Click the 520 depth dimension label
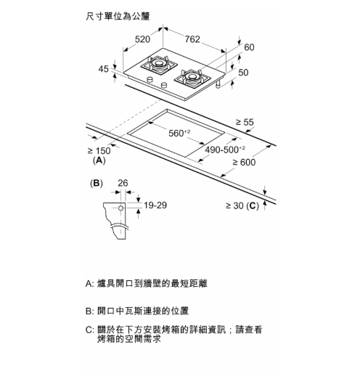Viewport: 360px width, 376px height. click(x=142, y=39)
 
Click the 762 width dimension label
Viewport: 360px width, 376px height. click(x=192, y=39)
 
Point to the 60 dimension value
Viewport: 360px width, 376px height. click(x=249, y=47)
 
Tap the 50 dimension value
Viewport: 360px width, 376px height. click(x=243, y=73)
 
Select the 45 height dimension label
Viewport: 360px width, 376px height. click(x=103, y=69)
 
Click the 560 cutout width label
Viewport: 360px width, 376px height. click(x=179, y=133)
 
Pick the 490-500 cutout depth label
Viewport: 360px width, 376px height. click(x=225, y=150)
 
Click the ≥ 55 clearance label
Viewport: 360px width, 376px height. click(x=245, y=122)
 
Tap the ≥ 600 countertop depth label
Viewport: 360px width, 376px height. click(x=244, y=163)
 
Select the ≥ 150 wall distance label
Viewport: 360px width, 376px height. click(x=99, y=151)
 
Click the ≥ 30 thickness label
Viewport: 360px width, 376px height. click(x=234, y=205)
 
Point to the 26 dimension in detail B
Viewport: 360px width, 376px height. click(x=123, y=183)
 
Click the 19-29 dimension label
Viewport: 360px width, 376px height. click(x=155, y=205)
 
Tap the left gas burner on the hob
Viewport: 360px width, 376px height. click(x=159, y=64)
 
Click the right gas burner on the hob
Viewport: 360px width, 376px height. click(x=192, y=78)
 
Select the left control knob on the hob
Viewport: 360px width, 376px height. click(x=150, y=79)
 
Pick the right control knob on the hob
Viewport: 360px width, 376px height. click(x=164, y=85)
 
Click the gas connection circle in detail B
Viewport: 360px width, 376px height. click(x=120, y=208)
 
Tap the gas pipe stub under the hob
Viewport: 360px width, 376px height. click(x=219, y=83)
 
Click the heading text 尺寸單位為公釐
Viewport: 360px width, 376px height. click(x=118, y=16)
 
